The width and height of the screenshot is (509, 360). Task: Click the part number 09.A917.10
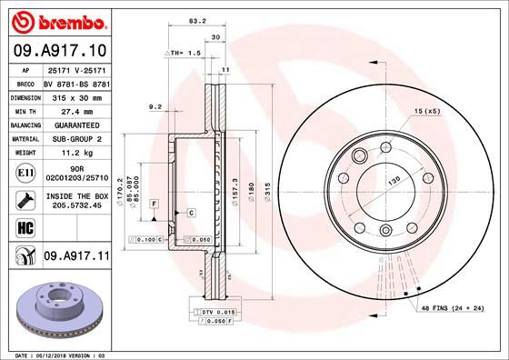59,51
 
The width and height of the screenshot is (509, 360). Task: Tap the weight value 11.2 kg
71,153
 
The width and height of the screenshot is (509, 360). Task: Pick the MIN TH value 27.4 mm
71,109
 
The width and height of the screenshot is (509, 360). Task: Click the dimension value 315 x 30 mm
71,95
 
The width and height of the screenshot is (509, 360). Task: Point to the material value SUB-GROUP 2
71,138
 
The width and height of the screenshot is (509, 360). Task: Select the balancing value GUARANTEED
71,124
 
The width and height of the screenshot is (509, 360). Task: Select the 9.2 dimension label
155,108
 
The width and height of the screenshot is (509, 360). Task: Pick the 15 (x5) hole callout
425,111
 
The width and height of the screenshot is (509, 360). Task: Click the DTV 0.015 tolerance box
209,312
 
